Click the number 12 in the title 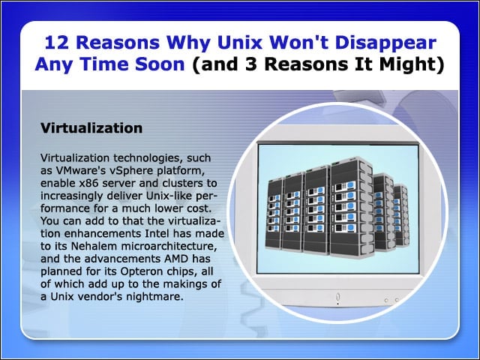(57, 42)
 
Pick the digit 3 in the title (251, 64)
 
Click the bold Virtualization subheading (91, 128)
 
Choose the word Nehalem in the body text (94, 246)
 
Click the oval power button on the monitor (337, 297)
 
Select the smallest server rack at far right (400, 215)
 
